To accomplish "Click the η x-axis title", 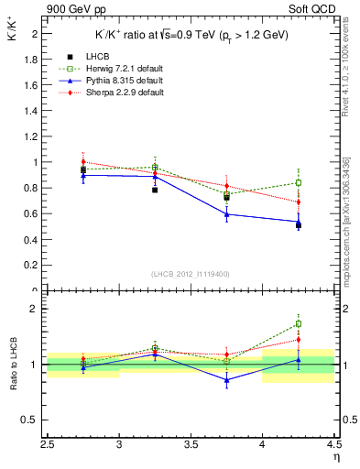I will [336, 458].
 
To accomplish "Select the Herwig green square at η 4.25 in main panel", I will [299, 182].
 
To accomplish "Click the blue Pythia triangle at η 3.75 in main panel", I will [227, 214].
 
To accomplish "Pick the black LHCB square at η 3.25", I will [155, 190].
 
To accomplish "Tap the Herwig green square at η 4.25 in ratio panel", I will [299, 323].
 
